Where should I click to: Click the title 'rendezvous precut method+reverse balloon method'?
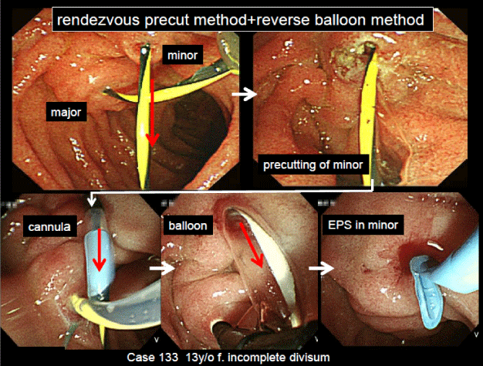click(241, 19)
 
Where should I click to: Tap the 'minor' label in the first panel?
click(185, 56)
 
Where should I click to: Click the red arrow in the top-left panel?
click(153, 112)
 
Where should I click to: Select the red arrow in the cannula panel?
click(99, 255)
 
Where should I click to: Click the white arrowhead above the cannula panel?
click(93, 200)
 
